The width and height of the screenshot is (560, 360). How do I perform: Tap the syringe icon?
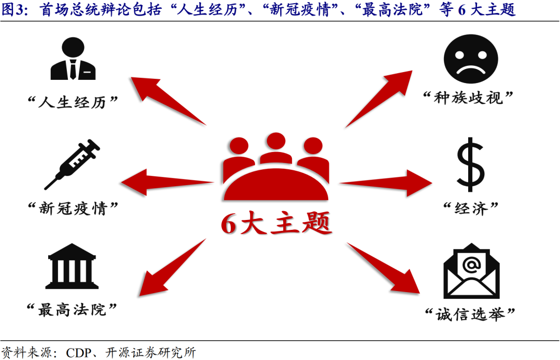(x=73, y=164)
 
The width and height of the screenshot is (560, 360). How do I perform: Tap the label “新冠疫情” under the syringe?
(x=73, y=209)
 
